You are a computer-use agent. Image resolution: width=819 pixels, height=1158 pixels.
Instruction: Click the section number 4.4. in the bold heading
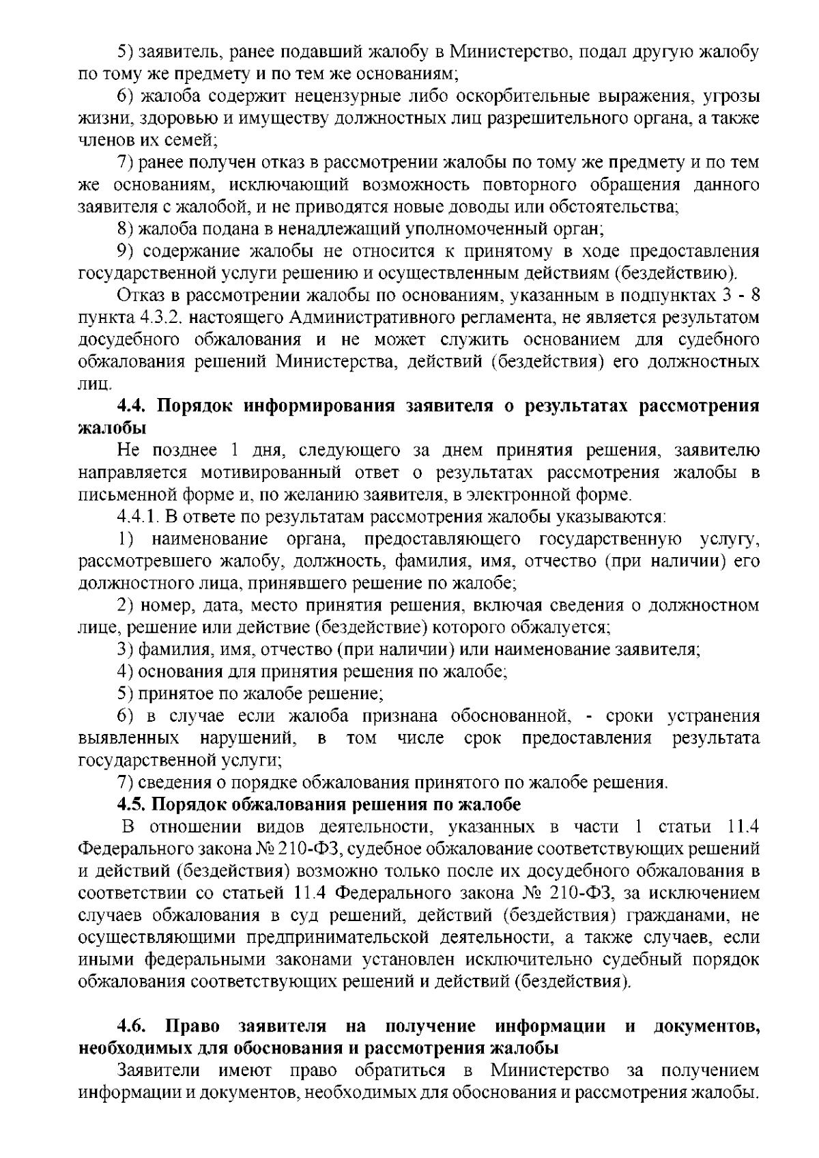pos(132,406)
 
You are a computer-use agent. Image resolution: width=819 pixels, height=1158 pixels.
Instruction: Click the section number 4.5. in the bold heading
pos(132,804)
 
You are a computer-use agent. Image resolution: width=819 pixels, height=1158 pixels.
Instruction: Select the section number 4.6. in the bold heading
pos(132,1026)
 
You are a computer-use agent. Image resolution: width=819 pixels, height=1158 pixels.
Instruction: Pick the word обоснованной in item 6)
pos(508,716)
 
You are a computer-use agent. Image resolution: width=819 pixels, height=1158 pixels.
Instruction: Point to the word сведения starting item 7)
pos(170,782)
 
